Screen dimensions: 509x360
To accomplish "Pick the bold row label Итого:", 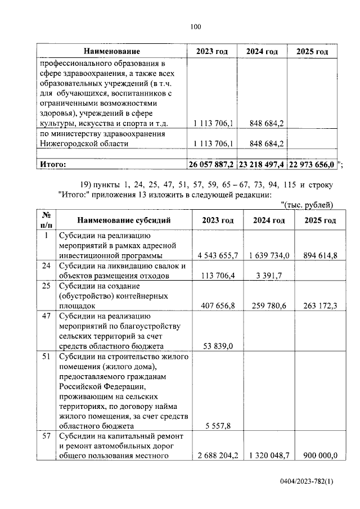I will [52, 164].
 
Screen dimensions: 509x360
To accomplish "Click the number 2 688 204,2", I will [218, 456].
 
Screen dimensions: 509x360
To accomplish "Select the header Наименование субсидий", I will [124, 220].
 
